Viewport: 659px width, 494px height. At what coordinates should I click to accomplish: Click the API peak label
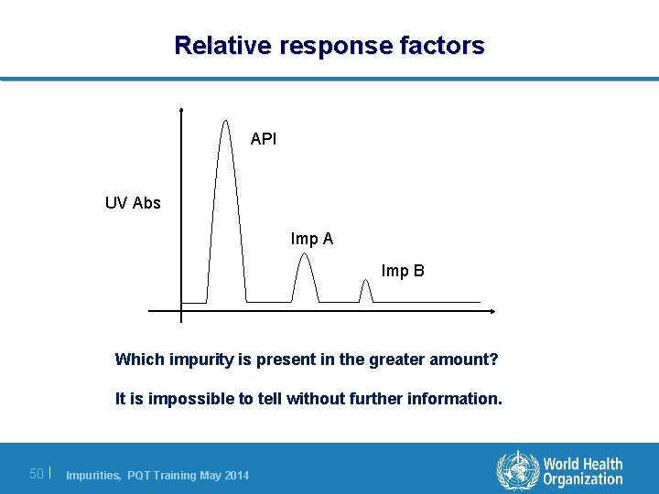264,140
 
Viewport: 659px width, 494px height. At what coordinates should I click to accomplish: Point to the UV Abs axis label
133,203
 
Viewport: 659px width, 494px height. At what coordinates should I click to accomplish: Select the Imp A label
312,239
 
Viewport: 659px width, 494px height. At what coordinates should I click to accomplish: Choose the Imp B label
403,271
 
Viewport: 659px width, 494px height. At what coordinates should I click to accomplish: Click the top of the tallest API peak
225,120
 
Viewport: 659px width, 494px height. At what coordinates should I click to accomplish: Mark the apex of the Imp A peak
305,254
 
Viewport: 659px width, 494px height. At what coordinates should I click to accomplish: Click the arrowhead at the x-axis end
492,312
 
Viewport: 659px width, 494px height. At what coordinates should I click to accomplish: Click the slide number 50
37,474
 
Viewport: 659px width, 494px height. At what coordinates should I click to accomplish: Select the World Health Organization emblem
517,471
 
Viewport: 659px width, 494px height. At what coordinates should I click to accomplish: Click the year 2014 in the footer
233,475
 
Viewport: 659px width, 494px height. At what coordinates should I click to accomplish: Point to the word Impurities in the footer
94,475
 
